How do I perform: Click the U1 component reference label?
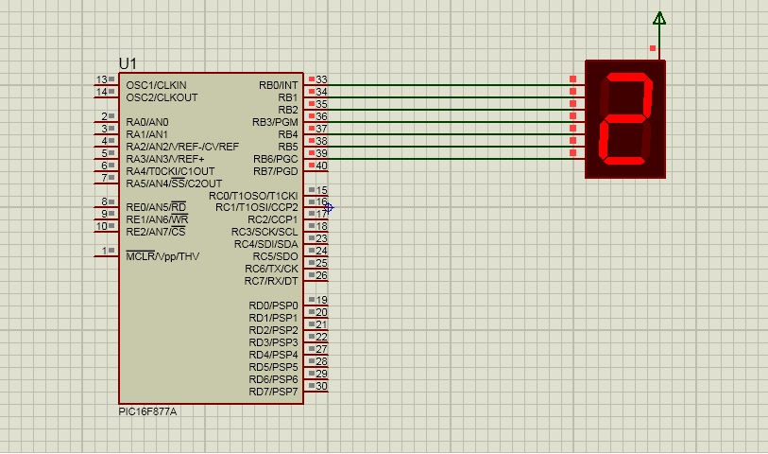128,63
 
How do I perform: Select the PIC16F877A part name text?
147,411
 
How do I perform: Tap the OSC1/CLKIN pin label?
156,85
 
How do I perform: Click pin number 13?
101,79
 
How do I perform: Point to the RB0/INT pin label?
279,85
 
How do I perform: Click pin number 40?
321,166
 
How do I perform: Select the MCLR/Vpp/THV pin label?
162,256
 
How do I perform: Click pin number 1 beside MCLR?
104,251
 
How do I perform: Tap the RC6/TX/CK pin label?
271,269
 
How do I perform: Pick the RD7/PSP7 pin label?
273,392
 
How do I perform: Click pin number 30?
321,386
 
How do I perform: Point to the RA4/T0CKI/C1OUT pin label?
170,171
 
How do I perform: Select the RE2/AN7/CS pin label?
156,232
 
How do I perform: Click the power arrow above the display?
659,19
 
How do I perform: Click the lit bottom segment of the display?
623,161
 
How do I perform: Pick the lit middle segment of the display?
626,118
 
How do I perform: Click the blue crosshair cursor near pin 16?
329,208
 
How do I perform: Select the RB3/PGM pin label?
275,122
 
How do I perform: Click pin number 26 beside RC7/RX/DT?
321,275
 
